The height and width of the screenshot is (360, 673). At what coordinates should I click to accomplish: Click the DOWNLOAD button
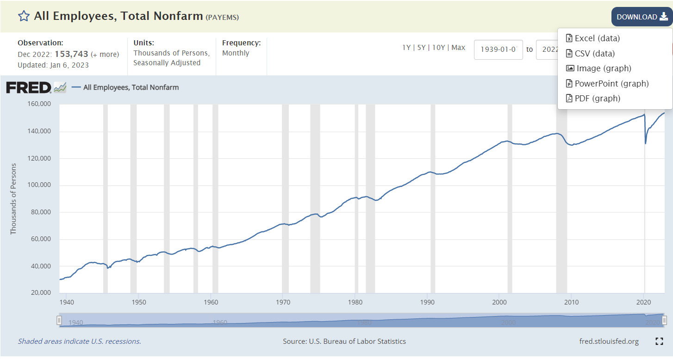(x=642, y=17)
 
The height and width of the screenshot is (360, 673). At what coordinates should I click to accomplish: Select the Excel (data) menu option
(x=597, y=38)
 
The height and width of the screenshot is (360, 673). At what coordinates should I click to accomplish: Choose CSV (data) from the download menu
(x=594, y=53)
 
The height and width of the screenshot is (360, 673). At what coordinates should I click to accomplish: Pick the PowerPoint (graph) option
(x=611, y=83)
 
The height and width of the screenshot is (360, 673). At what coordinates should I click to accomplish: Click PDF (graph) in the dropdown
(x=597, y=98)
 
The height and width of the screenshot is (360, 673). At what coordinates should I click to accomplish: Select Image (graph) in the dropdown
(x=603, y=68)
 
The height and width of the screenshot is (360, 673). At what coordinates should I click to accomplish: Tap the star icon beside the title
(x=24, y=16)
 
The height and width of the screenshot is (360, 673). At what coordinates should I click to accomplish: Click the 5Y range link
(x=421, y=48)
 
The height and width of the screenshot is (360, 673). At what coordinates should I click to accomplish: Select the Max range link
(x=458, y=48)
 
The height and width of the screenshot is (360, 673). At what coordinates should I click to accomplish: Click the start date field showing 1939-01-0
(x=498, y=50)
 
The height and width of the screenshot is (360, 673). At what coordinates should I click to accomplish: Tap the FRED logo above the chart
(x=29, y=87)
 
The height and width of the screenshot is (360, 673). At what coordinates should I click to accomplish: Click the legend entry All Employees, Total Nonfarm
(x=131, y=87)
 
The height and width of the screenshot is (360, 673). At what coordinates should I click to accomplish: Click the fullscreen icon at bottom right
(x=660, y=341)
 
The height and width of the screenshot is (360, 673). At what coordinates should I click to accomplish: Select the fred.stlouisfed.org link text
(x=609, y=341)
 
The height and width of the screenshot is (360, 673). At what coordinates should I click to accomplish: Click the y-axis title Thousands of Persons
(x=13, y=199)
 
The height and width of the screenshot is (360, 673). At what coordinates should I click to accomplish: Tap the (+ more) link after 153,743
(x=105, y=54)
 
